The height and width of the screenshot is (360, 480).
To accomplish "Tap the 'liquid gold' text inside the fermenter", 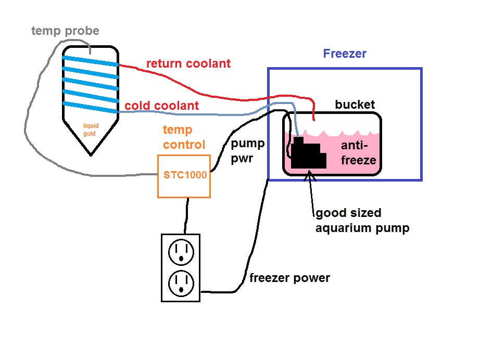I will [91, 130].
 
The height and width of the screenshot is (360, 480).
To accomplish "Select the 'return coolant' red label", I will [188, 63].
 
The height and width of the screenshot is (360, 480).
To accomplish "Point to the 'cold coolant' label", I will [161, 106].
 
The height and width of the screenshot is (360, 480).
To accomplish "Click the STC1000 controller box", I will [184, 176].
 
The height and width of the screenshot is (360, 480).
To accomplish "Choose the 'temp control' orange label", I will [184, 137].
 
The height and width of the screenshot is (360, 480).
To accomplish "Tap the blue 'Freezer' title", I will [345, 54].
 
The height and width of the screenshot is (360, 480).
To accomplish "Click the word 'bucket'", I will [355, 105].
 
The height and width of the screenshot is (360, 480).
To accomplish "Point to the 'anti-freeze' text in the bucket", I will [358, 153].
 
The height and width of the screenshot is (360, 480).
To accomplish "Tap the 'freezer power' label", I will [289, 278].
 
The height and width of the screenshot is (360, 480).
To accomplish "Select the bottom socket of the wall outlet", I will [180, 283].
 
